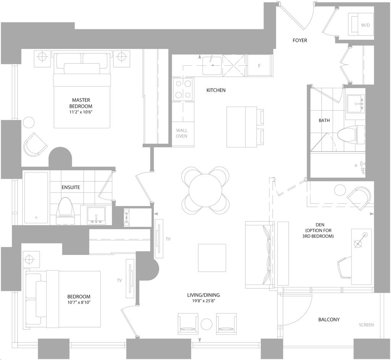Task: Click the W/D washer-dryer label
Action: coord(365,25)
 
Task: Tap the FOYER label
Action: coord(300,40)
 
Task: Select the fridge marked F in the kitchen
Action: coord(259,66)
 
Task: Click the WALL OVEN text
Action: coord(181,133)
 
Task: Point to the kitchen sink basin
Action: coord(212,66)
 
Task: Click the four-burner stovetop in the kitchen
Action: coord(183,89)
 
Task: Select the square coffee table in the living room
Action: coord(212,258)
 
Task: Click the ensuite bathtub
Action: coord(36,197)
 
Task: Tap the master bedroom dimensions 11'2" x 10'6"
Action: coord(81,112)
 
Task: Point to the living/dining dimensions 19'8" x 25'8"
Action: coord(204,301)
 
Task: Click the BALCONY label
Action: coord(329,320)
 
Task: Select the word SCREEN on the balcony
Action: coord(366,325)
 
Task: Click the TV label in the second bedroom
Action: coord(120,280)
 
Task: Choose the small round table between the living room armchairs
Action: coord(207,324)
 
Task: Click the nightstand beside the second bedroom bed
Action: coord(31,259)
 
